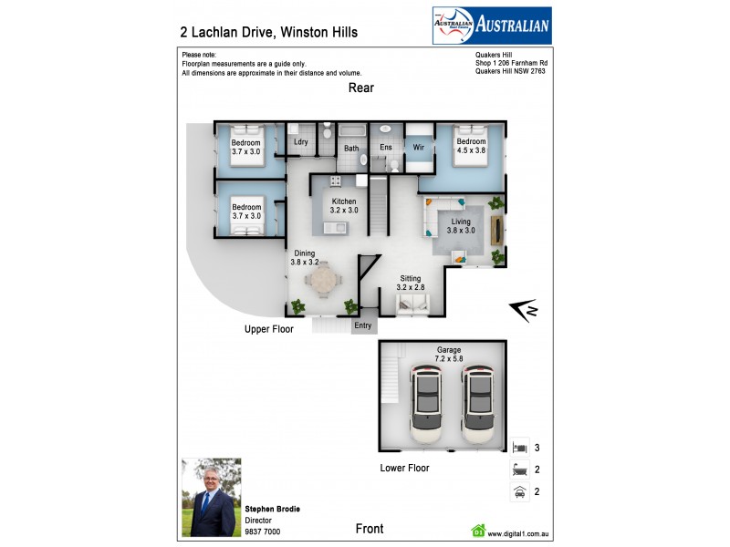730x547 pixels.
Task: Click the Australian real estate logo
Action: pos(491,26)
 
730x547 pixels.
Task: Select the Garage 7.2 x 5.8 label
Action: pos(448,355)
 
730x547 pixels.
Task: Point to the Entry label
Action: pos(363,325)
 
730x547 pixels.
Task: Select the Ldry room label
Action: pos(301,143)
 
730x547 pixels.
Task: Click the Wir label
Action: pos(419,147)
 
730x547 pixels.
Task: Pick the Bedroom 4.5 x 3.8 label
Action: pos(471,147)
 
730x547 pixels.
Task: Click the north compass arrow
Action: pos(523,312)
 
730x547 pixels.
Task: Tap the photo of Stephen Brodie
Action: pos(209,497)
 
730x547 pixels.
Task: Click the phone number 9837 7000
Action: pos(262,532)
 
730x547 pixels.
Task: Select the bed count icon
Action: pos(519,448)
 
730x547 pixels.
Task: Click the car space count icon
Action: pos(519,492)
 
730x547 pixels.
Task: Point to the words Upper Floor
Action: pos(268,329)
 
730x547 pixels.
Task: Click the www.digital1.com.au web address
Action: pos(523,534)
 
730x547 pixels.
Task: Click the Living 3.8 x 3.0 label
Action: pos(456,225)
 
